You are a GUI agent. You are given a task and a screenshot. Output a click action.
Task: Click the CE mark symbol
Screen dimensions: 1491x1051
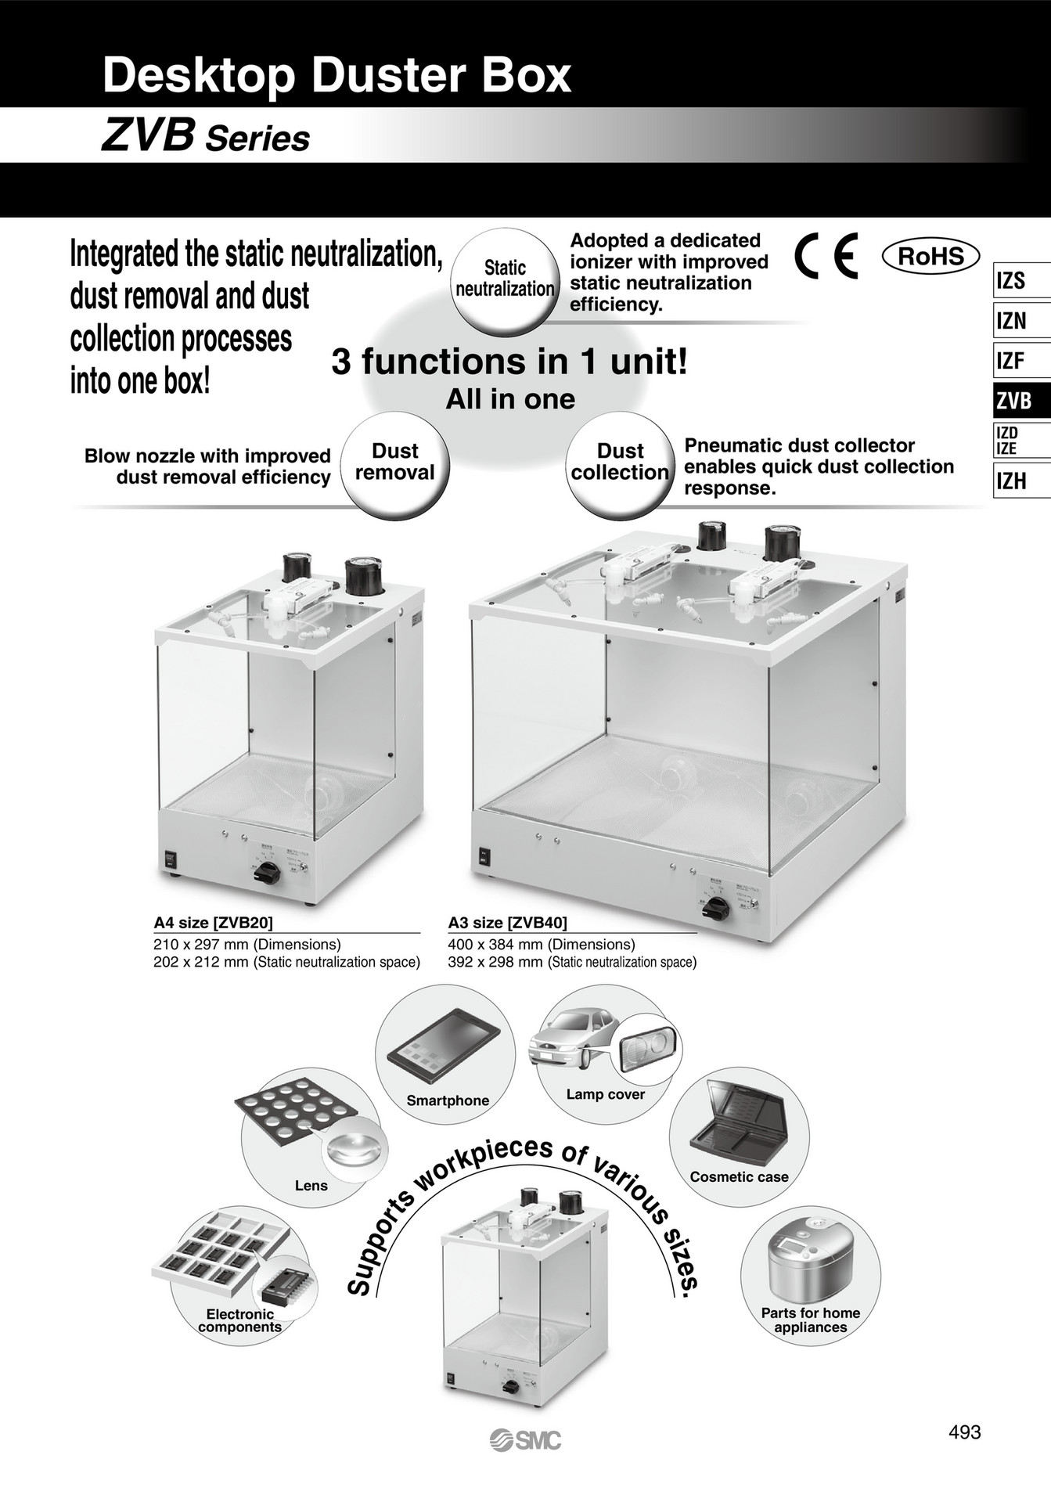pyautogui.click(x=826, y=257)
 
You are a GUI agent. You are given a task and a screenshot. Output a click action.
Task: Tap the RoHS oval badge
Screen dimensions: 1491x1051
pyautogui.click(x=930, y=257)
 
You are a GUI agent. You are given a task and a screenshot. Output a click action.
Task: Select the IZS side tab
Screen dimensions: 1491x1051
pyautogui.click(x=1020, y=280)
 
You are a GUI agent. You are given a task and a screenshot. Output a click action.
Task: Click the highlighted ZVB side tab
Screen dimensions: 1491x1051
pyautogui.click(x=1020, y=401)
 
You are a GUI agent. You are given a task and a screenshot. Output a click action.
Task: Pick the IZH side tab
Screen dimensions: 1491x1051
pyautogui.click(x=1020, y=481)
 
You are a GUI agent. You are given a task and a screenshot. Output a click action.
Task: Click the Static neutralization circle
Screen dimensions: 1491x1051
pyautogui.click(x=505, y=279)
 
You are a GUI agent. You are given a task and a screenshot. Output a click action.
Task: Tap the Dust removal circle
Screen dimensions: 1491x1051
pyautogui.click(x=394, y=462)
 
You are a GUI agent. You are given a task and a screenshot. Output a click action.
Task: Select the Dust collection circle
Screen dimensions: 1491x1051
pyautogui.click(x=620, y=462)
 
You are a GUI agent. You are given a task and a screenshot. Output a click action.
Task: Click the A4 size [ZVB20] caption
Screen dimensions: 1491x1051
pyautogui.click(x=214, y=922)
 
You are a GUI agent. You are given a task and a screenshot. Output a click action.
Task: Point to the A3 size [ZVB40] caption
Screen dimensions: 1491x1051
pyautogui.click(x=508, y=922)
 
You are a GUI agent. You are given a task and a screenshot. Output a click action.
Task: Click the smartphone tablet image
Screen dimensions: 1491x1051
pyautogui.click(x=443, y=1046)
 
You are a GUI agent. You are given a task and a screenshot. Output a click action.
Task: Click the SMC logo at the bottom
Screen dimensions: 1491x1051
pyautogui.click(x=525, y=1439)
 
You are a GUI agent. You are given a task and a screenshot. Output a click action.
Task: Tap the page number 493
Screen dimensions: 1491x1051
pyautogui.click(x=964, y=1432)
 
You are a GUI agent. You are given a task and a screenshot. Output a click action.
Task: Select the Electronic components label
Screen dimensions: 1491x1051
pyautogui.click(x=239, y=1320)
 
